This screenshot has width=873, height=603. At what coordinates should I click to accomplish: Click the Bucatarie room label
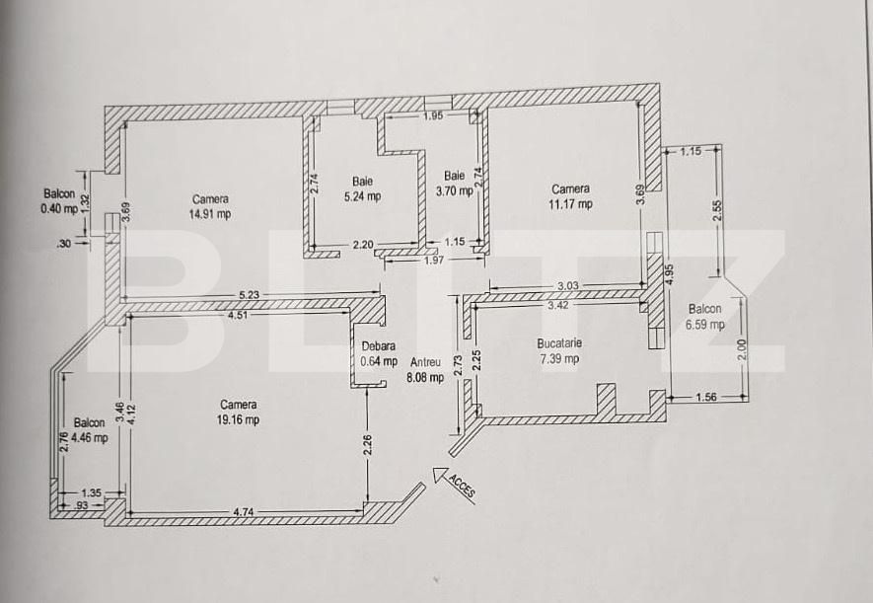[x=559, y=343]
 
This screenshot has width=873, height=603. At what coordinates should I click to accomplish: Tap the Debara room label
[x=379, y=345]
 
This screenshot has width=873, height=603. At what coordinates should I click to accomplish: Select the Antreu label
[x=426, y=362]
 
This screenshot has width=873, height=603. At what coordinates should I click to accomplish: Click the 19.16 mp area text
[x=239, y=419]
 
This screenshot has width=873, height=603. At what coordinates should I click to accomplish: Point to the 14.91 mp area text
[x=210, y=214]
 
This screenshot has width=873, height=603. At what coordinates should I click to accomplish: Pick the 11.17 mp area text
[x=571, y=204]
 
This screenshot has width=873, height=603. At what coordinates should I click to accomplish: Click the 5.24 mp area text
[x=362, y=196]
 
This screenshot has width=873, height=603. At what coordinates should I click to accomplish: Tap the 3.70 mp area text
[x=455, y=191]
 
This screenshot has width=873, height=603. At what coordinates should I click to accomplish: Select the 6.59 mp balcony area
[x=705, y=324]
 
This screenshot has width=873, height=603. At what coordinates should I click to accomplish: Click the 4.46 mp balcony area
[x=90, y=437]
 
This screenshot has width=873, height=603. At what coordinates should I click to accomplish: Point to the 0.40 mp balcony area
[x=59, y=209]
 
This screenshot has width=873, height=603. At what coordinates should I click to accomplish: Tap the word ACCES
[x=462, y=487]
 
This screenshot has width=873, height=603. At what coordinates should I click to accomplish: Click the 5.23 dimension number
[x=249, y=294]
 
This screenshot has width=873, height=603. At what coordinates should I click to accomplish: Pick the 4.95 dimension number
[x=670, y=274]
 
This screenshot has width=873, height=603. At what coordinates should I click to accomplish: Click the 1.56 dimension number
[x=706, y=397]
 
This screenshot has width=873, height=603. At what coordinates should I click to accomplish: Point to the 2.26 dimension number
[x=368, y=445]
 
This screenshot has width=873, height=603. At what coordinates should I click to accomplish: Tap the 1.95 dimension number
[x=433, y=115]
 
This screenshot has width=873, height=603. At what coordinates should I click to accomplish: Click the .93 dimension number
[x=81, y=505]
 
